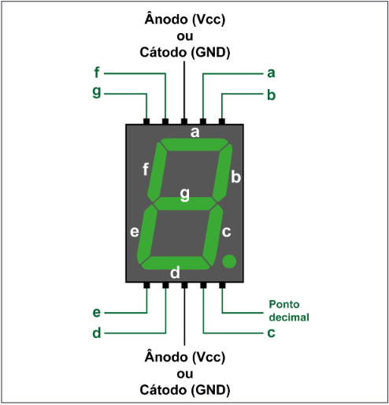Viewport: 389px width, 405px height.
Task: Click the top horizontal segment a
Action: [194, 144]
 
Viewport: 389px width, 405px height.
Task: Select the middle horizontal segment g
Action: [185, 203]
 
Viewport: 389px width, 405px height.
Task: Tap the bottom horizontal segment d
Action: [176, 263]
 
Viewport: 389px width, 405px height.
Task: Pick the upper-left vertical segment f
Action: [157, 172]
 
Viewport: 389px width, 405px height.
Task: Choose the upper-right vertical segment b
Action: [222, 173]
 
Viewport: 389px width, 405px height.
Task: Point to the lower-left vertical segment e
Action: [147, 234]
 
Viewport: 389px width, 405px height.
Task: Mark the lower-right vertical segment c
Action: [213, 235]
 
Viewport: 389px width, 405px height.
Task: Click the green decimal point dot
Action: [229, 262]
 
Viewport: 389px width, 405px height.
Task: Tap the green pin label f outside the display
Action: [97, 72]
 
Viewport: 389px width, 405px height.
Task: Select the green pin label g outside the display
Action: [97, 92]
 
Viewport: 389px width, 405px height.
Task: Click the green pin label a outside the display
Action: [271, 73]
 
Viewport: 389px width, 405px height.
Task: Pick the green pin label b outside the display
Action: [272, 95]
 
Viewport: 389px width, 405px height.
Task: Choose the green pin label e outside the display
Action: [97, 312]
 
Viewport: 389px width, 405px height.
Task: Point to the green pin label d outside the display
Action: [97, 333]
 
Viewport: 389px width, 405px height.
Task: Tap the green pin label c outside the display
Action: [271, 333]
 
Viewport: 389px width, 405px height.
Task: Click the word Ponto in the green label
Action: [284, 304]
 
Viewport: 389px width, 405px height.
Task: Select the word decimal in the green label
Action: [289, 318]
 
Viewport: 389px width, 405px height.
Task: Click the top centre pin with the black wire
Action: [184, 121]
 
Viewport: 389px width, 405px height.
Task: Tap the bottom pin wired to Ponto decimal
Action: [222, 285]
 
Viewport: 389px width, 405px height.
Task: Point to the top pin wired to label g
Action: [146, 121]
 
